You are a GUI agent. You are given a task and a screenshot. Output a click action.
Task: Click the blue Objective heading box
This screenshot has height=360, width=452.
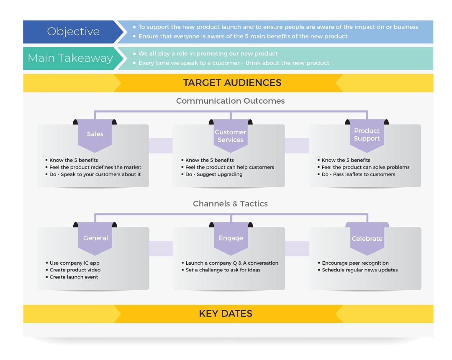point(73,32)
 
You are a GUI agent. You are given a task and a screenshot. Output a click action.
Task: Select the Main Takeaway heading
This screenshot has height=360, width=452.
point(70,58)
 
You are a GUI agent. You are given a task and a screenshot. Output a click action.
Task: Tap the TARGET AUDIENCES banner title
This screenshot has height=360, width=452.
point(232,82)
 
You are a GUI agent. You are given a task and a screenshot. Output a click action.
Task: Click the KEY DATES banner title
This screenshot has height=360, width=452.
point(226,314)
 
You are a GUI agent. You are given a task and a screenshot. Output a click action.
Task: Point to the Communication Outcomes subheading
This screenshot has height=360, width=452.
point(230,101)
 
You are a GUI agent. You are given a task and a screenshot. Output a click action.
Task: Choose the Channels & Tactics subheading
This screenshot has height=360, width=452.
point(230,204)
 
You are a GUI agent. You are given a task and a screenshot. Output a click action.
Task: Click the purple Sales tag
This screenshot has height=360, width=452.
point(95,134)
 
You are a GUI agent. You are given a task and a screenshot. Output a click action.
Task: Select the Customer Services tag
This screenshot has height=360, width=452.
point(231,136)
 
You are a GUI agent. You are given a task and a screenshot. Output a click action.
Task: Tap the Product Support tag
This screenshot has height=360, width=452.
point(367,135)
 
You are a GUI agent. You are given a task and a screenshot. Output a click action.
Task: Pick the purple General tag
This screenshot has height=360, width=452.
point(95,238)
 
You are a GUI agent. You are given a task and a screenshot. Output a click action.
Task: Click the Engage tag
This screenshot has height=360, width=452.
point(231,238)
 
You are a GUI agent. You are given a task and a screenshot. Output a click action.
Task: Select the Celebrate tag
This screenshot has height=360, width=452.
point(367,239)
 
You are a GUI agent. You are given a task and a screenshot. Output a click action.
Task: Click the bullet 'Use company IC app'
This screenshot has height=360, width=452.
point(74,263)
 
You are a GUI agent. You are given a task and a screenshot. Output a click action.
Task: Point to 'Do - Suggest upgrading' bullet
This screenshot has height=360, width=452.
point(214,174)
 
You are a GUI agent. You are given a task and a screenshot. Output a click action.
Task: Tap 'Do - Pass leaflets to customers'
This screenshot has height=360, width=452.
point(358,174)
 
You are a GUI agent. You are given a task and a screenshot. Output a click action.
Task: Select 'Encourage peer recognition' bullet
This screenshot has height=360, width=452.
point(355,263)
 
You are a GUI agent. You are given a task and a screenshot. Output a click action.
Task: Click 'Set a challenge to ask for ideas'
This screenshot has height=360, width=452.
point(223,270)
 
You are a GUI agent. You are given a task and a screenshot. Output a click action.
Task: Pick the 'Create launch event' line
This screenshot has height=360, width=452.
point(74,277)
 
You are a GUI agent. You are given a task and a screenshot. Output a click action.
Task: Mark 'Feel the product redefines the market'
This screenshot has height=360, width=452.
point(95,167)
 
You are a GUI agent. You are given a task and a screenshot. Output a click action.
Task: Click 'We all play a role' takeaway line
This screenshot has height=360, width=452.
point(208,54)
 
